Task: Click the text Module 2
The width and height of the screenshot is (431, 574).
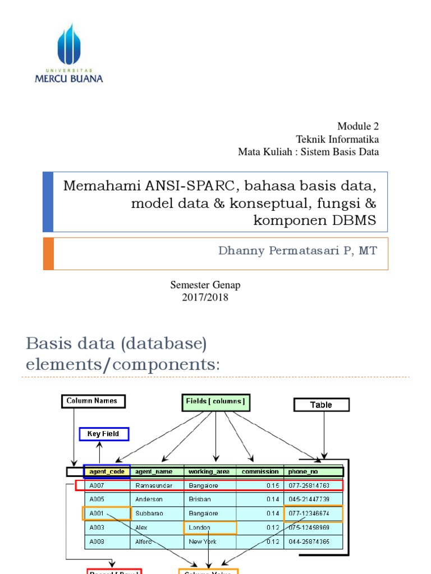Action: click(x=362, y=126)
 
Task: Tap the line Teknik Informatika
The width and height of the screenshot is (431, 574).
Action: click(x=337, y=139)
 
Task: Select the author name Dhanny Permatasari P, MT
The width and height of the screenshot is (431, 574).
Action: click(x=298, y=251)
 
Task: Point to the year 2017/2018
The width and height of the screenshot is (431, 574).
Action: click(x=205, y=298)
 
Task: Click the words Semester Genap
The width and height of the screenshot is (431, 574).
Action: click(x=205, y=285)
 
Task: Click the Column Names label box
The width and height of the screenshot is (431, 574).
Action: click(x=92, y=401)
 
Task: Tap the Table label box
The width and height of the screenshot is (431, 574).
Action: click(x=321, y=405)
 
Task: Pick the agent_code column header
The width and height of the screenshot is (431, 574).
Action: click(x=107, y=471)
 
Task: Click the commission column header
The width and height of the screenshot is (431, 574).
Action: click(x=260, y=471)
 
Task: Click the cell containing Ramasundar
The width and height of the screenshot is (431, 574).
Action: click(x=154, y=485)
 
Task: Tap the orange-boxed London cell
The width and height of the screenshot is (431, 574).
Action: click(x=210, y=527)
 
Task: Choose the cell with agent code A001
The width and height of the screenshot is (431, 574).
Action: click(x=106, y=513)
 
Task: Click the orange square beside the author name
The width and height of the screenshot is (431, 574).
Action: click(x=48, y=254)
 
